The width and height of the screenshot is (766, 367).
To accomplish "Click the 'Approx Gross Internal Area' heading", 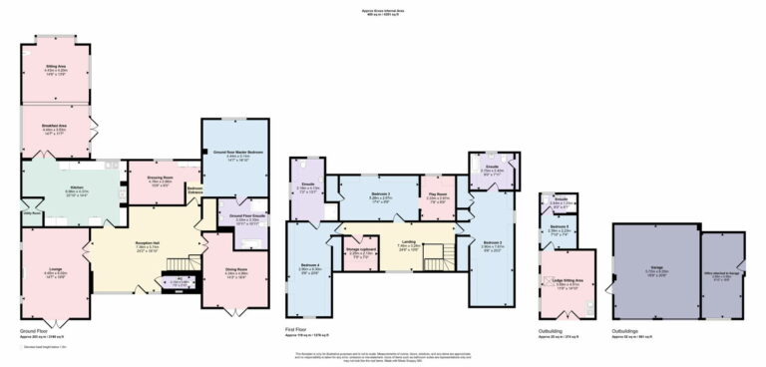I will click(382, 10).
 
